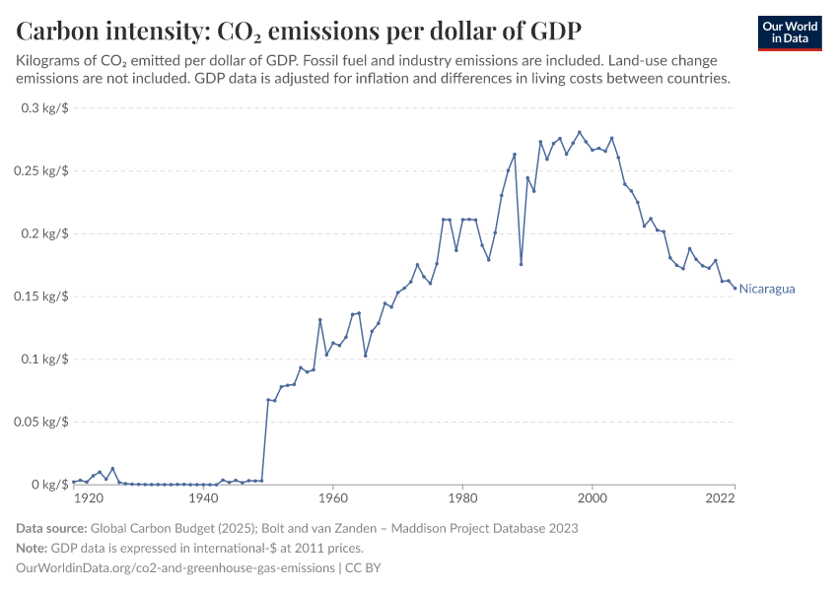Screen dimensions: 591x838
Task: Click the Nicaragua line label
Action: pos(767,289)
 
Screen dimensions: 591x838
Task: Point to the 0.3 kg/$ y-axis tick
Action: pos(44,108)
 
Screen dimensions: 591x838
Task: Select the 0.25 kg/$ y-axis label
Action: pos(41,171)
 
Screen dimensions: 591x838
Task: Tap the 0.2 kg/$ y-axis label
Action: pos(44,234)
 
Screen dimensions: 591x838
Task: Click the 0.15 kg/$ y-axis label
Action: pos(41,296)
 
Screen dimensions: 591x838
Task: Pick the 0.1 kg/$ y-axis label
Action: pos(44,360)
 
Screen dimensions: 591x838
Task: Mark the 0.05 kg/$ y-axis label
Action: pos(41,423)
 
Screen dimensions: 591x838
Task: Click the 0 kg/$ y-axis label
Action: pos(48,485)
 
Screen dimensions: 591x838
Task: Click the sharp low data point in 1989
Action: pos(521,264)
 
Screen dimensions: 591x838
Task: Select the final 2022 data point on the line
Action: pos(734,288)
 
